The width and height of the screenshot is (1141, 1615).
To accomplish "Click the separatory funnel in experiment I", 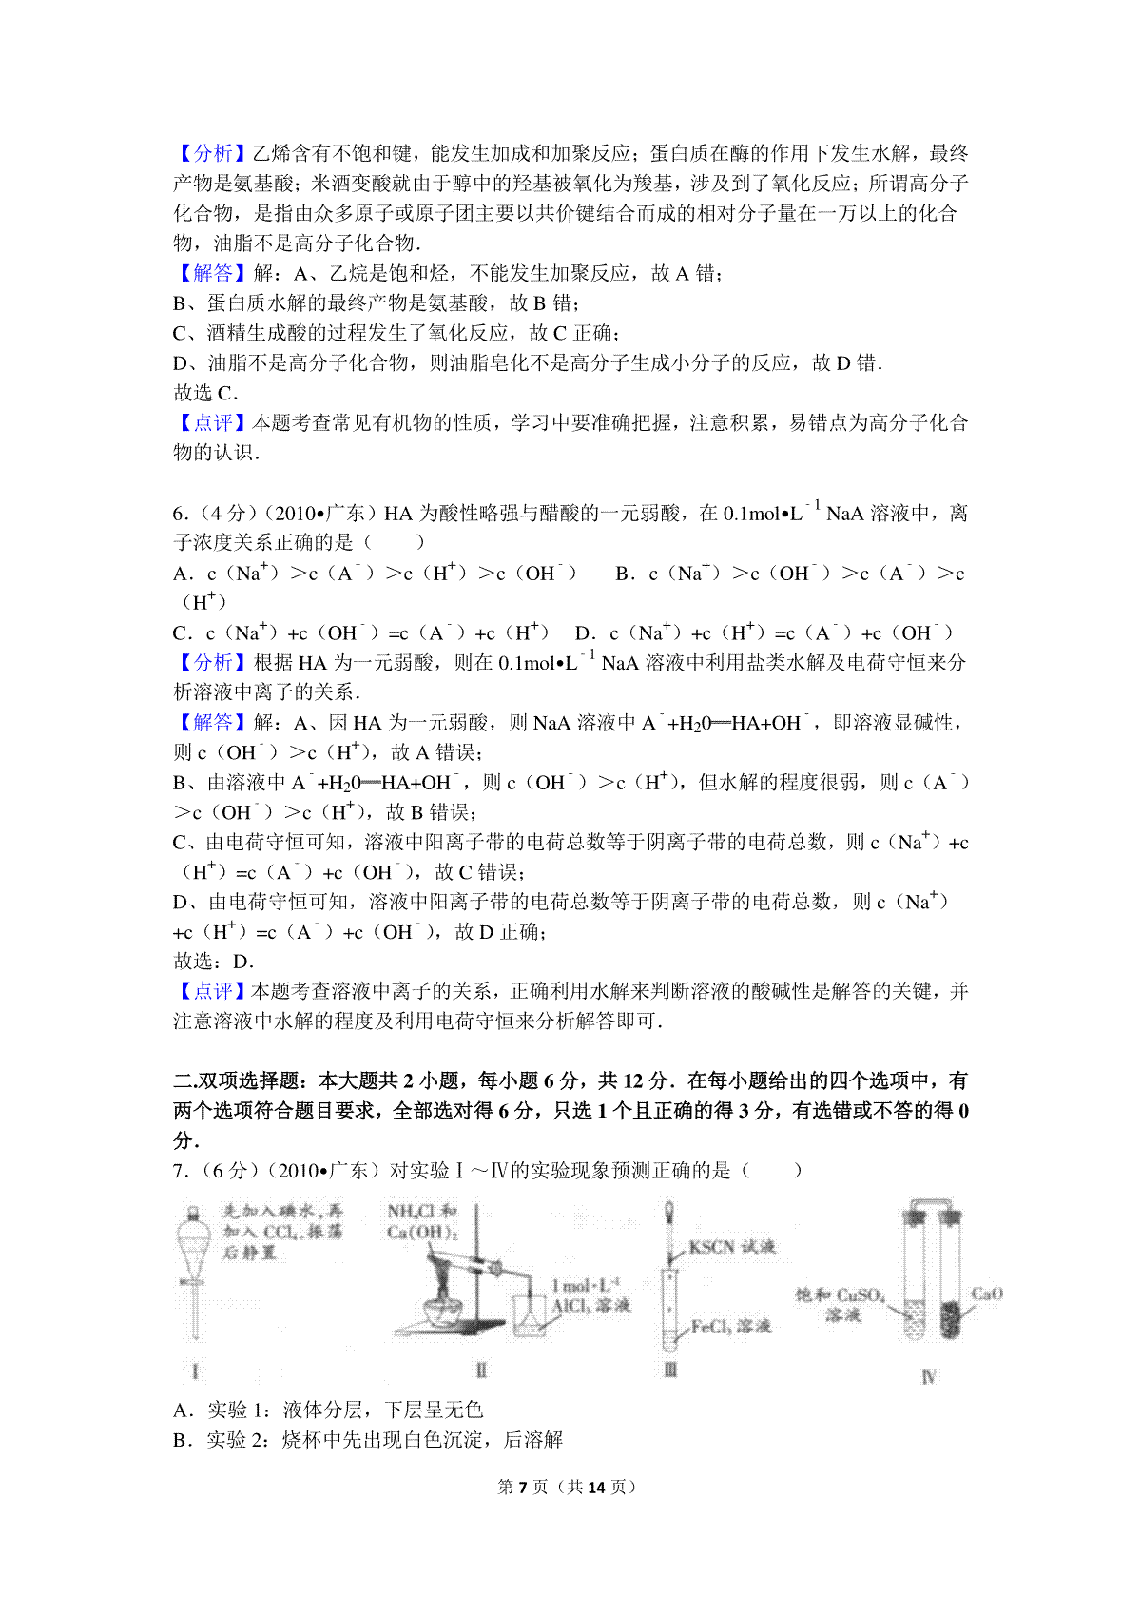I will (194, 1255).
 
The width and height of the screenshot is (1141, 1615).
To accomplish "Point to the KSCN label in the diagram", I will (731, 1247).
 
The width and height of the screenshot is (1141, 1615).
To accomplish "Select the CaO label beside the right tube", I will (986, 1294).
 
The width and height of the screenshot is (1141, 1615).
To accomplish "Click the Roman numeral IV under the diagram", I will (928, 1376).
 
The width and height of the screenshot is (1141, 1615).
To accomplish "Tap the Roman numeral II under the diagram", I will (481, 1371).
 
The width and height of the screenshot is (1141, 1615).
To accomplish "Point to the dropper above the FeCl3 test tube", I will (670, 1227).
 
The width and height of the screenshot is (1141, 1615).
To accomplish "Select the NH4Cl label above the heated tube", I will (421, 1212).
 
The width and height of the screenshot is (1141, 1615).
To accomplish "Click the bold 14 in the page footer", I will (596, 1487).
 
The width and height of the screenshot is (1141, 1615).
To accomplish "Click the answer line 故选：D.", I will (213, 962).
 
